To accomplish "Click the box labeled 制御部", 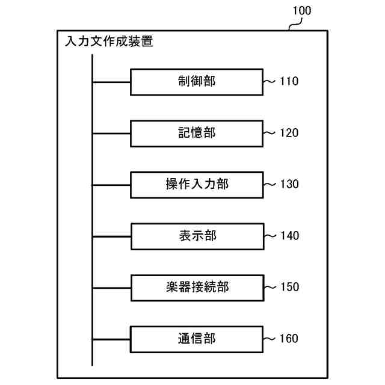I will tap(197, 81).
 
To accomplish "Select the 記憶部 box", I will tap(197, 133).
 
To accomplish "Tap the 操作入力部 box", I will tap(197, 184).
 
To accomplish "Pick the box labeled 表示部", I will tap(197, 236).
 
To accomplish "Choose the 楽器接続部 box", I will tap(197, 287).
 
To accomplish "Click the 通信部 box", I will tap(197, 339).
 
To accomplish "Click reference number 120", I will tap(289, 133).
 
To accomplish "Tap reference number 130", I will tap(289, 185).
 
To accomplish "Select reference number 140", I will tap(289, 236).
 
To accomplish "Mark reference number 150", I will tap(289, 288).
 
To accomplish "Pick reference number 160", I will tap(289, 339).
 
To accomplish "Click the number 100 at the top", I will tap(301, 11).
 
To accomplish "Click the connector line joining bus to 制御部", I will tap(111, 81).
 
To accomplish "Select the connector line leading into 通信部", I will tap(111, 339).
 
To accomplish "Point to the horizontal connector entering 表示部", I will tap(111, 236).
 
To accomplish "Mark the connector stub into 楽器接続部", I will tap(111, 287).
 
